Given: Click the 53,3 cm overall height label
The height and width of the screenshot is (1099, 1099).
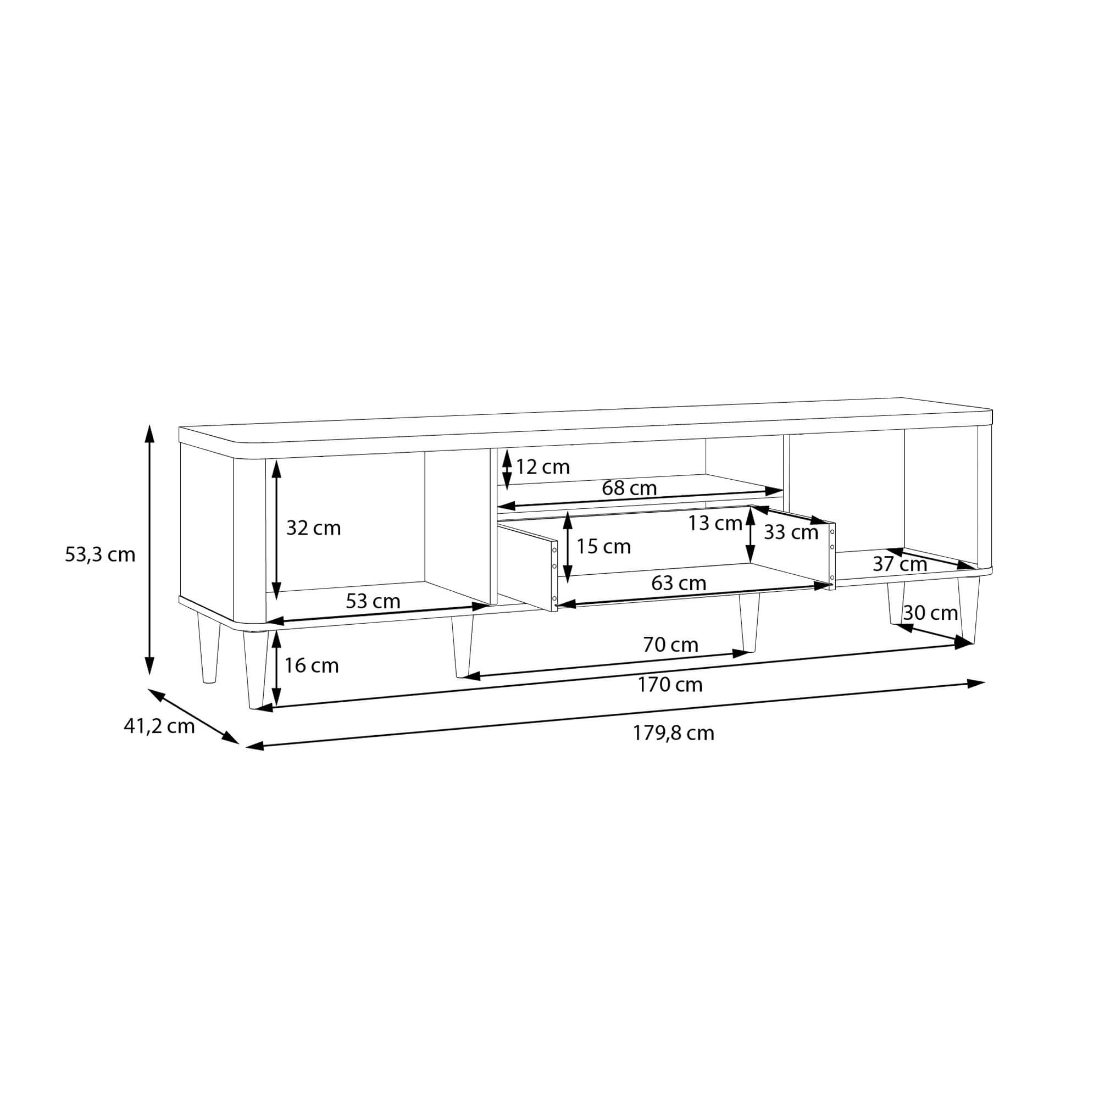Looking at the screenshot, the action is point(100,554).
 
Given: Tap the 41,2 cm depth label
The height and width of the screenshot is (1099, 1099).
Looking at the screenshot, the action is point(159,726).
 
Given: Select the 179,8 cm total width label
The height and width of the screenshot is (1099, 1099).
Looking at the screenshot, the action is point(674,733).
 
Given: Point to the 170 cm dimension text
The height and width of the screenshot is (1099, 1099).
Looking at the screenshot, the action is point(669,684).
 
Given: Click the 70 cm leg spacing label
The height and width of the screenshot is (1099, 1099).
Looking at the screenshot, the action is point(670,645).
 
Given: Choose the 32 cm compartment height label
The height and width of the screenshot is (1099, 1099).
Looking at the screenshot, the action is point(313,528).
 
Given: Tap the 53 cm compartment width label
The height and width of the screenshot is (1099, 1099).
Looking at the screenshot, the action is point(373,601).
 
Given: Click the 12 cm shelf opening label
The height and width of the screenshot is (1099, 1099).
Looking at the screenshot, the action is point(543,467).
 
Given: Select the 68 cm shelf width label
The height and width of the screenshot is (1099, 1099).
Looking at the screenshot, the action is point(629,487).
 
